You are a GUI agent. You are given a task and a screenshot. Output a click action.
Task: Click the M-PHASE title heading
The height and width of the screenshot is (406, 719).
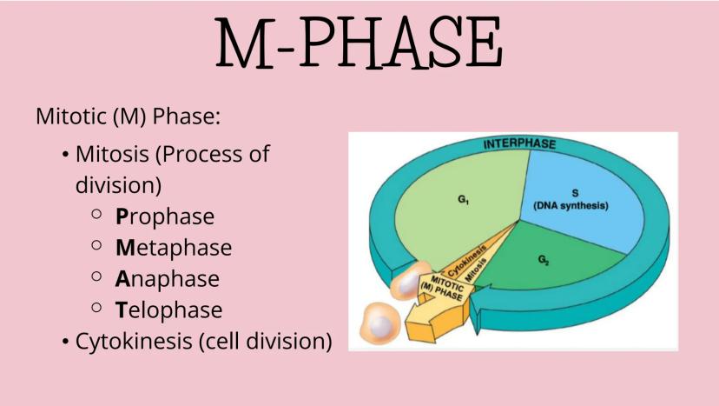point(359,43)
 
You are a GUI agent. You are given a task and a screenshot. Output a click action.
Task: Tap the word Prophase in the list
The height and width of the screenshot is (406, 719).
point(165,216)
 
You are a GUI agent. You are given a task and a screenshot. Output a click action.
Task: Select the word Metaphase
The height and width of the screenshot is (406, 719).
point(174,248)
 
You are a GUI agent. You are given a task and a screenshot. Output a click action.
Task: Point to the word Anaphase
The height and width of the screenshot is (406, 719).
point(168,279)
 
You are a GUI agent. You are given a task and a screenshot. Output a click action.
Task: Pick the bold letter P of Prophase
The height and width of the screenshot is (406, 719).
point(122,216)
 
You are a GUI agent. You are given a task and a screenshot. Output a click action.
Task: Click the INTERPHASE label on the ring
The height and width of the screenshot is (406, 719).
point(519,143)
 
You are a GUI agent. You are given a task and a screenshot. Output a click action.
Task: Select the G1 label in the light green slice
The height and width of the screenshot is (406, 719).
point(465,200)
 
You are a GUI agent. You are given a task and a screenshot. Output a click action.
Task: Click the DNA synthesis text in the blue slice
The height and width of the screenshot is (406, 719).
point(571,206)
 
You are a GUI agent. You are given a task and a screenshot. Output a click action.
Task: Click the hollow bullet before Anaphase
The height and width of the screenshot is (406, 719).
point(97,277)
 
